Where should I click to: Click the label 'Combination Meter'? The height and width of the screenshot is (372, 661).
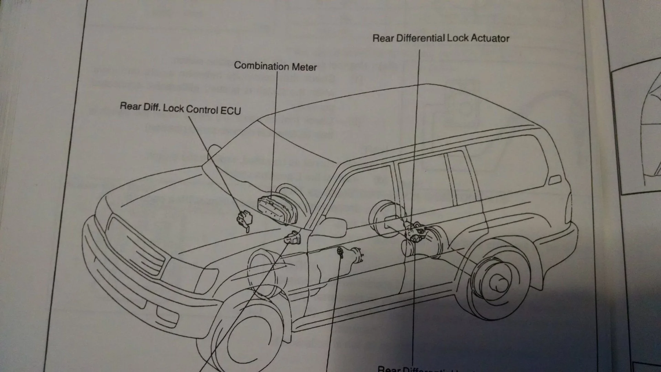click(x=275, y=66)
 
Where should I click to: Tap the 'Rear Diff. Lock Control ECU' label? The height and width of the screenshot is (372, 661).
click(x=180, y=108)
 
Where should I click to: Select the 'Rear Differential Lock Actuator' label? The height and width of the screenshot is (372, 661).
click(x=441, y=38)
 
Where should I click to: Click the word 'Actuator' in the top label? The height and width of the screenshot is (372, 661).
click(x=490, y=38)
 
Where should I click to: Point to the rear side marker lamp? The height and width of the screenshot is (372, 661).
click(x=555, y=180)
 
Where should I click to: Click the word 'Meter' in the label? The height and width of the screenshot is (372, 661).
click(x=304, y=67)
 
